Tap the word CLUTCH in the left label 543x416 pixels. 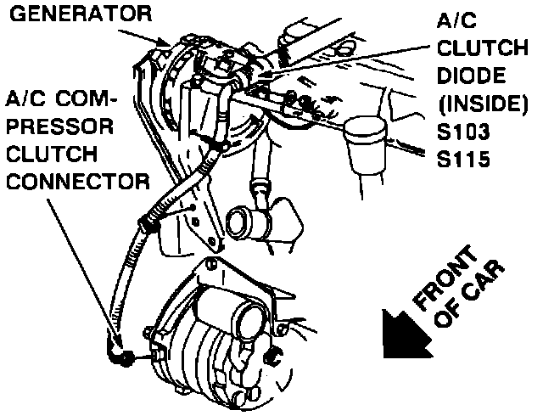click(58, 155)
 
